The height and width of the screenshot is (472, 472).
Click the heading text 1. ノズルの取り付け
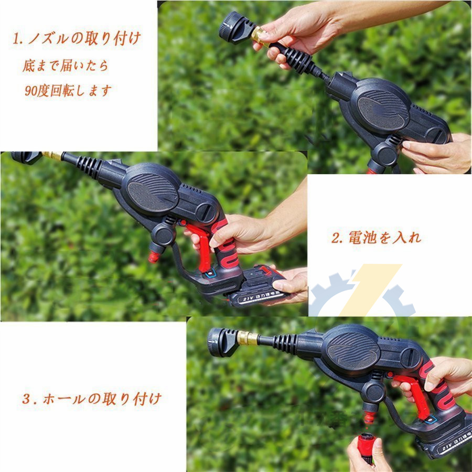coord(77,38)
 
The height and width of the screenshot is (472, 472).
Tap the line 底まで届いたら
coord(66,66)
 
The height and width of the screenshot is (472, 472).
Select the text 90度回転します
coord(68,90)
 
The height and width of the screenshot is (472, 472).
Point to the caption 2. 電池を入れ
coord(376,237)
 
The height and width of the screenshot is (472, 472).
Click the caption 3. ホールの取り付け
coord(92,399)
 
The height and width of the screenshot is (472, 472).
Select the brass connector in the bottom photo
coord(247,338)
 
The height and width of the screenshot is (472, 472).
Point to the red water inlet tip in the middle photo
coord(154,257)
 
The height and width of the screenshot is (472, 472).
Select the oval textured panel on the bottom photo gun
coord(353,351)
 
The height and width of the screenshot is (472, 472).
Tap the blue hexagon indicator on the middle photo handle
coord(210,274)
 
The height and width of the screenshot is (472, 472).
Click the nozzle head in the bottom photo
coord(223,342)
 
